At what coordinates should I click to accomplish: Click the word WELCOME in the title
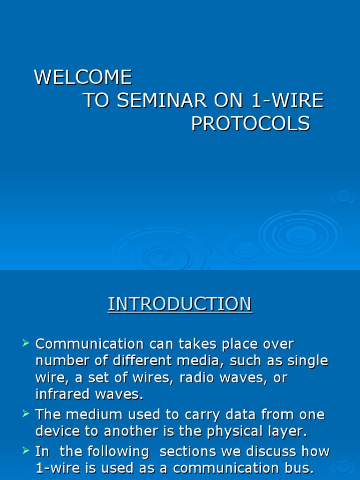pos(83,77)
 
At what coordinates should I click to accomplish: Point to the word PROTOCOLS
pos(250,124)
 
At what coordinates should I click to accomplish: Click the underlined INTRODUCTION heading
pos(180,304)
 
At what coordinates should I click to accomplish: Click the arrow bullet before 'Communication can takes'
pos(26,344)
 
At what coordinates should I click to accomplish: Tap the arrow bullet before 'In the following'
pos(26,451)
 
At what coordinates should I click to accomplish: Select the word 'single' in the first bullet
pos(306,361)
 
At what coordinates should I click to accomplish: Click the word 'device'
pos(57,431)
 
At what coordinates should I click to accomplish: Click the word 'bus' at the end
pos(295,468)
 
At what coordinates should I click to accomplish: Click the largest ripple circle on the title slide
pos(300,234)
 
